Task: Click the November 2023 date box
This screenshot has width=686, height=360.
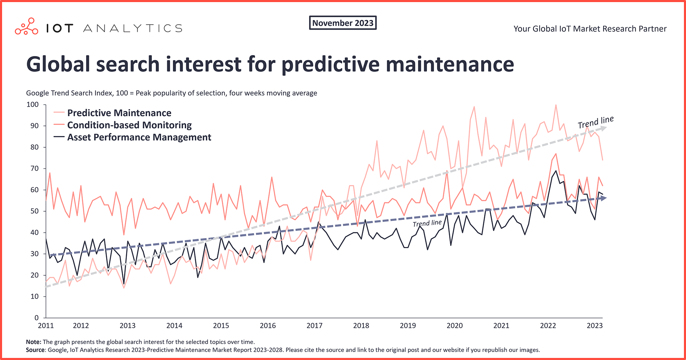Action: click(x=343, y=23)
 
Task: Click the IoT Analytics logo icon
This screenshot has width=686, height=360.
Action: click(x=26, y=26)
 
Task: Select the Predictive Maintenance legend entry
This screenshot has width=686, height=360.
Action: click(x=119, y=113)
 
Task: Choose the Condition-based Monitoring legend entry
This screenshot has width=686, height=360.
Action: click(x=129, y=125)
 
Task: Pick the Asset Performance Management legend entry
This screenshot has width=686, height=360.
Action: click(x=139, y=137)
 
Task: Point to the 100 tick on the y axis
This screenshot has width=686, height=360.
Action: click(x=33, y=104)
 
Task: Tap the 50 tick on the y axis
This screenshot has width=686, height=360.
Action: click(x=34, y=211)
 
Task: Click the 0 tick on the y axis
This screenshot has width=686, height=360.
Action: click(x=36, y=317)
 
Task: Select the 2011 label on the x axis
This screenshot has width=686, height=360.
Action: click(x=46, y=326)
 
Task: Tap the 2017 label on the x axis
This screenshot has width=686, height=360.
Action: click(x=314, y=326)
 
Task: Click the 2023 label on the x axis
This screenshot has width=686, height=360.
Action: click(x=595, y=326)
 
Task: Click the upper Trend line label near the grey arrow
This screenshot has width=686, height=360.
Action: click(x=596, y=122)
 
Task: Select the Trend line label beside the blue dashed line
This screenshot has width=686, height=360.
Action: click(x=427, y=223)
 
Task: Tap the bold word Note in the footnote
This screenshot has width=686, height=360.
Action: click(x=33, y=342)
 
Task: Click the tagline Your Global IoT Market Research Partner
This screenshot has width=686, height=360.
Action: click(x=590, y=29)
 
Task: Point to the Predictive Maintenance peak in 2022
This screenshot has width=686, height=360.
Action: click(x=556, y=105)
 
